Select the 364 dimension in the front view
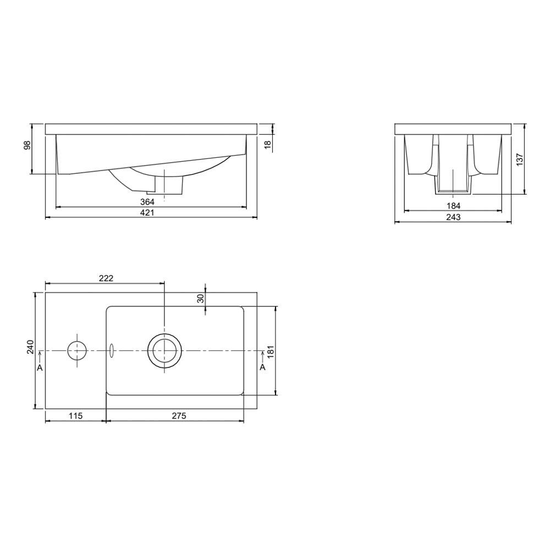pos(147,202)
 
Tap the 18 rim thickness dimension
pos(267,144)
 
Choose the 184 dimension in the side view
pos(453,205)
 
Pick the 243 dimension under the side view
pos(453,217)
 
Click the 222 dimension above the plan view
pos(106,278)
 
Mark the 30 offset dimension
pos(201,298)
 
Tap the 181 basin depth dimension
pos(270,350)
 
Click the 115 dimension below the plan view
pos(75,416)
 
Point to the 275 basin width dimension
pos(179,416)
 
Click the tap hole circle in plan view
pos(77,350)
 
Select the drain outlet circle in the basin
pos(164,350)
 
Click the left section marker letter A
pos(40,367)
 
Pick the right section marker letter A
pos(262,367)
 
